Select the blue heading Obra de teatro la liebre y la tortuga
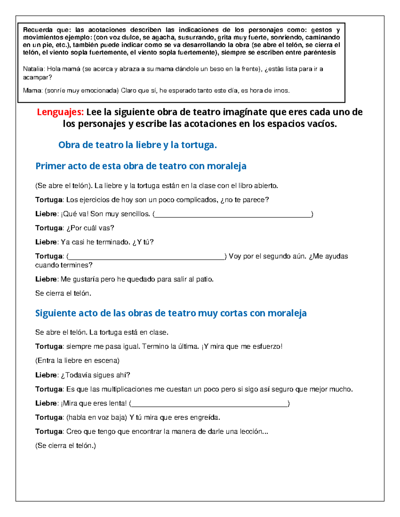137,145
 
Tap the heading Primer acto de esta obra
141,166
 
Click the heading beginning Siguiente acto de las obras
171,313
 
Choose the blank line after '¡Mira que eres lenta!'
209,404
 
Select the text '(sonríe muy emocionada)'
81,91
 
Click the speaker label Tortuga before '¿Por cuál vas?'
49,228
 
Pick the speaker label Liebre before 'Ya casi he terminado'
46,242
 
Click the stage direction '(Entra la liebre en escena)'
77,361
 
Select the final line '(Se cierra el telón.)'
65,446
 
